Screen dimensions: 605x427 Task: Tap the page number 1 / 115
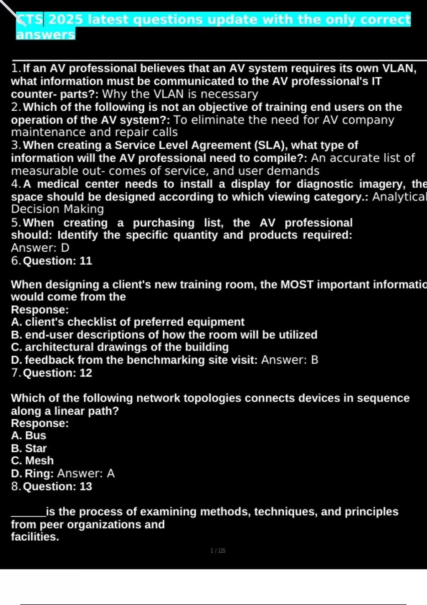pos(218,551)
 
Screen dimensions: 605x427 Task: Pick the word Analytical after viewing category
pos(399,197)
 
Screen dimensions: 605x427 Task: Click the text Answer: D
pos(40,248)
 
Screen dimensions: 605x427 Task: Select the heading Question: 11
pos(57,261)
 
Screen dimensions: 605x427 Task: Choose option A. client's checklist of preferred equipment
pos(128,322)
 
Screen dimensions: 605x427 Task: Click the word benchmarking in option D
pos(166,360)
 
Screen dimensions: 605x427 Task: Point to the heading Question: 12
pos(57,373)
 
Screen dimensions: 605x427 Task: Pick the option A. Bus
pos(28,436)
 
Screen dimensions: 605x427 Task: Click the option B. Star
pos(29,448)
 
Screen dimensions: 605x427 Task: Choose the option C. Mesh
pos(32,461)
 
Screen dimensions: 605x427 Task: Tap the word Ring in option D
pos(38,474)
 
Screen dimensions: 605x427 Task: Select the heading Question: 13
pos(57,486)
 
